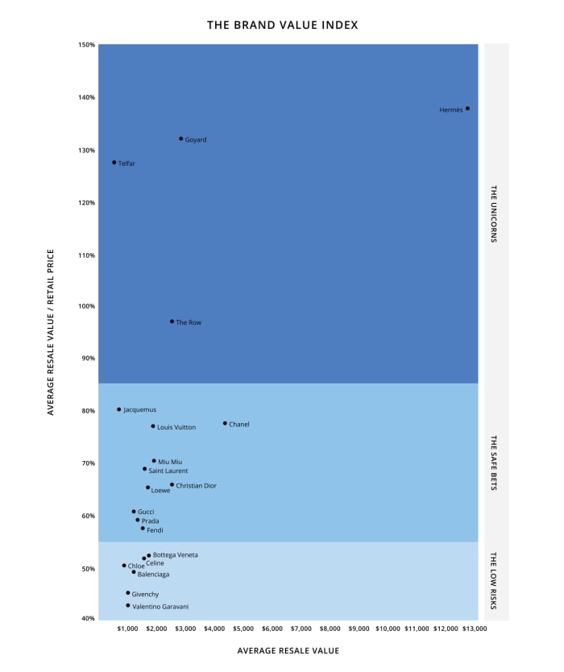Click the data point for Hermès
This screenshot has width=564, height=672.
coord(467,108)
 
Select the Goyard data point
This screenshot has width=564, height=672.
coord(181,139)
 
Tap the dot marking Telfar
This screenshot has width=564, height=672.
coord(114,163)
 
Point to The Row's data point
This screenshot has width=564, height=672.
coord(172,321)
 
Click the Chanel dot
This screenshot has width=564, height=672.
coord(225,423)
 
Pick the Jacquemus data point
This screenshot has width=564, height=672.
coord(119,409)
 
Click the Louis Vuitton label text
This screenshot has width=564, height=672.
coord(176,427)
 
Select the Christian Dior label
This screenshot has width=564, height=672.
coord(196,486)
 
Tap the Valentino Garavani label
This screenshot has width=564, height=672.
coord(160,606)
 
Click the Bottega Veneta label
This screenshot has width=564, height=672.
coord(175,555)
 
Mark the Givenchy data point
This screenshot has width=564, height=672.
coord(127,593)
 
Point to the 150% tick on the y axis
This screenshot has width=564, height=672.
coord(86,45)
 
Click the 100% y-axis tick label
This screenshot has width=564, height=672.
coord(86,306)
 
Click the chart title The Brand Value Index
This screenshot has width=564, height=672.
coord(283,25)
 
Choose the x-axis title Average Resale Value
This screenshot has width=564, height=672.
coord(288,650)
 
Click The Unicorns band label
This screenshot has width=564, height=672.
coord(495,214)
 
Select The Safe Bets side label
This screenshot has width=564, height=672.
coord(495,463)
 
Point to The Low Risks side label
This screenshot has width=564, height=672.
coord(495,580)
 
